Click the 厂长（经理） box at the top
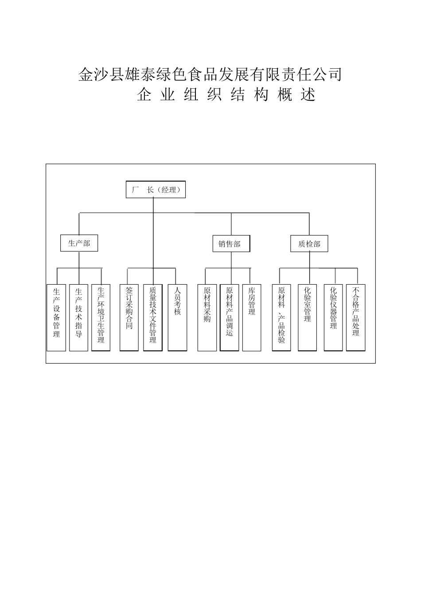pos(156,190)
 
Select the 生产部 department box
pos(79,243)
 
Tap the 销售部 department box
pos(231,244)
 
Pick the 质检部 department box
pos(309,244)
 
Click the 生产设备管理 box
pos(56,318)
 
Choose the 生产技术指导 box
pos(79,318)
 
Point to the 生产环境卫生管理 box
pos(101,318)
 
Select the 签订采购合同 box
pos(129,318)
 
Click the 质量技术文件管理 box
pos(153,318)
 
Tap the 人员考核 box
pos(177,318)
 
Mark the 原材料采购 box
pos(207,318)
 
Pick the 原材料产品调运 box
pos(230,318)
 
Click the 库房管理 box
pos(252,318)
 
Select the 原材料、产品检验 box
pos(281,318)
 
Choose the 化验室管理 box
pos(307,318)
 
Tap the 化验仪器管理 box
pos(333,318)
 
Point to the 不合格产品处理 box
pos(356,318)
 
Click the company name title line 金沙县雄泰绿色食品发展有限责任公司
pos(210,74)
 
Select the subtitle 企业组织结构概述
pos(226,95)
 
